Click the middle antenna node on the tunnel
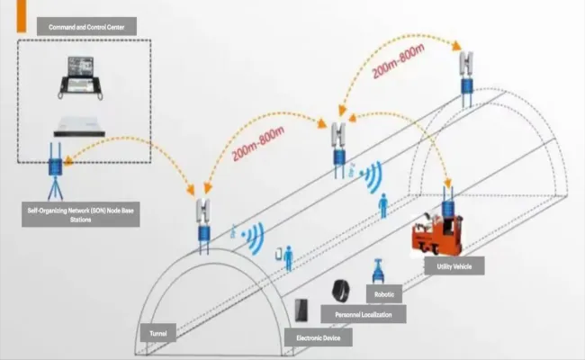coord(339,144)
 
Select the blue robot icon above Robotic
coord(378,272)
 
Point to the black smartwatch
coord(340,292)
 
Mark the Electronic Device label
coord(318,338)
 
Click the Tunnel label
coord(157,333)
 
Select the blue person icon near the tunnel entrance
coord(289,260)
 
